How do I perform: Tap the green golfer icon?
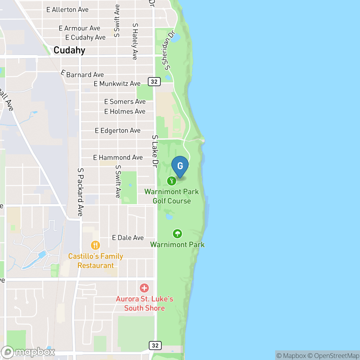coord(172,181)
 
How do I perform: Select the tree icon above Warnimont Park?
coord(177,234)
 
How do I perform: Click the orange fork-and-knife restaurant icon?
coord(95,246)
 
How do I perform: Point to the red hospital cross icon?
coord(144,288)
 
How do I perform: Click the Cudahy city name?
coord(69,50)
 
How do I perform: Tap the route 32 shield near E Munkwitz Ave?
coord(154,82)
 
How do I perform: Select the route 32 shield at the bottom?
coord(155,346)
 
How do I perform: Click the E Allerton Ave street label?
coord(67,10)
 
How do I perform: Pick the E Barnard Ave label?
coord(83,74)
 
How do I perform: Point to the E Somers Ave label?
coord(125,102)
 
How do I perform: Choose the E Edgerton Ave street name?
coord(118,130)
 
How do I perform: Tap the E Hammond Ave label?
coord(118,157)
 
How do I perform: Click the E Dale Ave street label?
coord(128,238)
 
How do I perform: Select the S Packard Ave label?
coord(80,192)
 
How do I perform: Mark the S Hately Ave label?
coord(135,41)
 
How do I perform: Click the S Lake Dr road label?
coord(155,151)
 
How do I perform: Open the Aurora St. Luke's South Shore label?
coord(144,303)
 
